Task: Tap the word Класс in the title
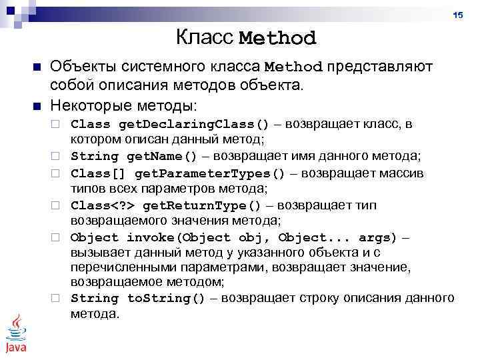(x=205, y=37)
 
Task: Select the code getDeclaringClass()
(x=194, y=124)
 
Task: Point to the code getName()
(x=162, y=157)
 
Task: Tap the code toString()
(x=166, y=298)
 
